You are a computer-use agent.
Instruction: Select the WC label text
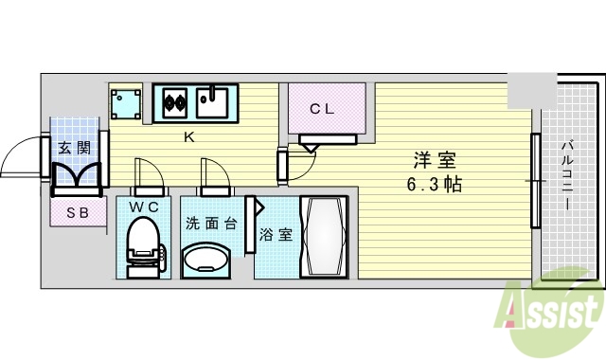point(144,205)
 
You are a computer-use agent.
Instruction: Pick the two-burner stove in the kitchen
point(172,99)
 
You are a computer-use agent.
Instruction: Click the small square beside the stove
point(125,103)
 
